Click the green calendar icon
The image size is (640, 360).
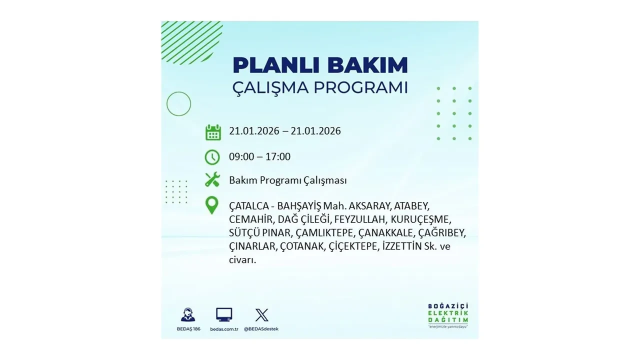tap(213, 132)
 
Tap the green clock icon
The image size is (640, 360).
tap(212, 157)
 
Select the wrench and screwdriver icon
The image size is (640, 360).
tap(212, 179)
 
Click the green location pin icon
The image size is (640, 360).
tap(212, 205)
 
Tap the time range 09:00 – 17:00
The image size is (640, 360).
tap(259, 157)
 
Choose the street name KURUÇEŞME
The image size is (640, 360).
tap(420, 219)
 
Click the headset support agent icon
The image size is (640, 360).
tap(188, 314)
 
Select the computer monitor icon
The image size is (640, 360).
tap(224, 314)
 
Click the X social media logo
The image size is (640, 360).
tap(261, 314)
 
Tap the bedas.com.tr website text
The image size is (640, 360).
tap(224, 328)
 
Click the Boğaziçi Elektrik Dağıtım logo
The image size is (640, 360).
tap(448, 315)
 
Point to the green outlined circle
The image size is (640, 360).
tap(178, 104)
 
